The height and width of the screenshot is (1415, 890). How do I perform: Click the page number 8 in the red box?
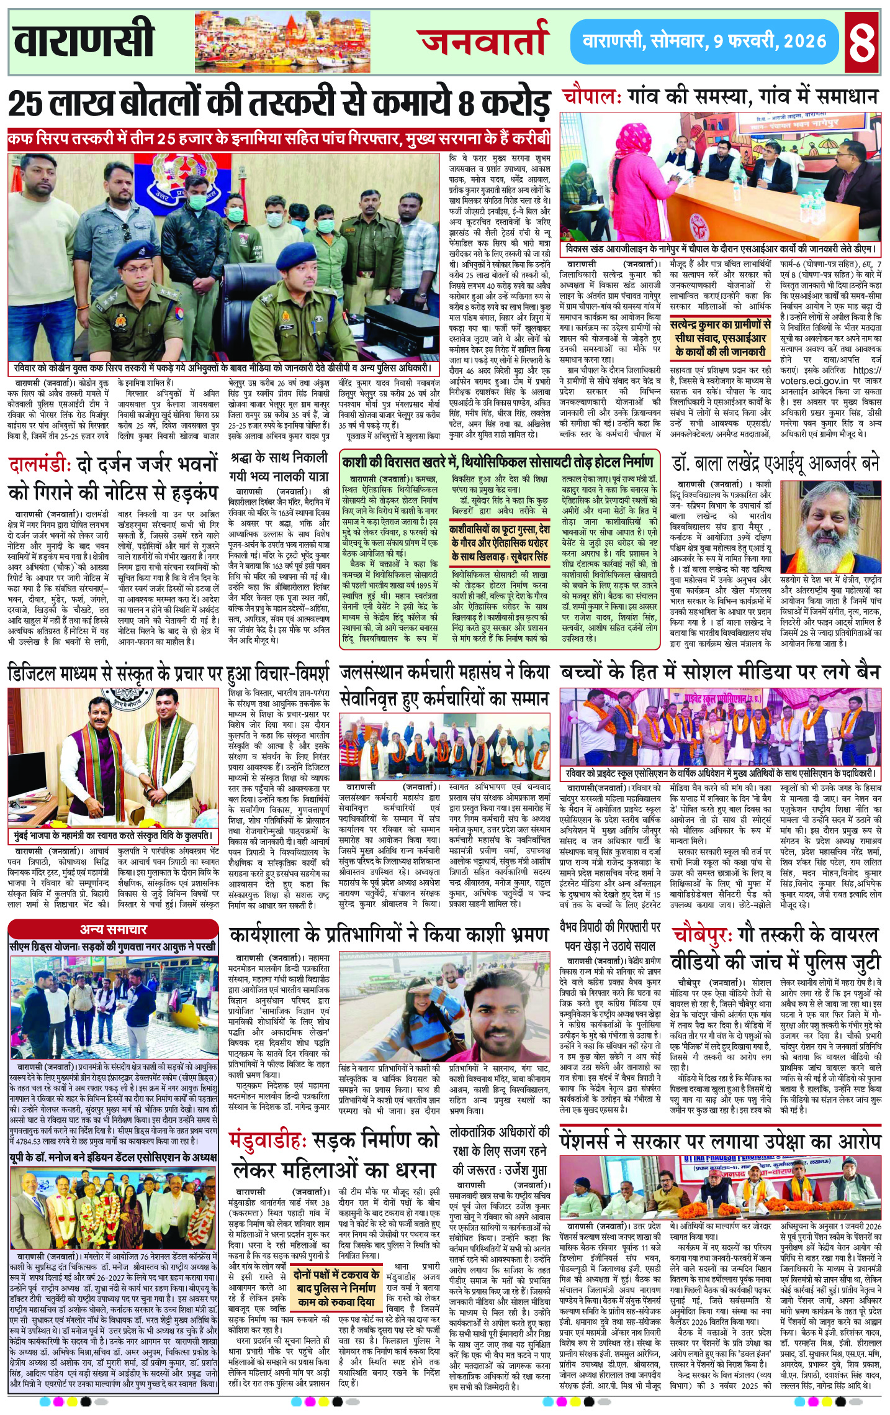tap(863, 41)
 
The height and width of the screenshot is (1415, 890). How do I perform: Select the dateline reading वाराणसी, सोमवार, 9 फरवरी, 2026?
tap(704, 42)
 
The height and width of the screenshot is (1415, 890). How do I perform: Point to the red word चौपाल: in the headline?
tap(592, 97)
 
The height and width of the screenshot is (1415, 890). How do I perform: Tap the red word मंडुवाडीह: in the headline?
tap(268, 1140)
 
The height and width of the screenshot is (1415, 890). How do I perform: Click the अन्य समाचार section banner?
tap(114, 929)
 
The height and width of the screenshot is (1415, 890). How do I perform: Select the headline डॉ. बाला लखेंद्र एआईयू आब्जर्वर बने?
tap(776, 463)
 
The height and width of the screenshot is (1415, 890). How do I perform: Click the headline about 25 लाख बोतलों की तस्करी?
tap(279, 103)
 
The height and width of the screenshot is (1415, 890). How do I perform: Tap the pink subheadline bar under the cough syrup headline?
tap(279, 138)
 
